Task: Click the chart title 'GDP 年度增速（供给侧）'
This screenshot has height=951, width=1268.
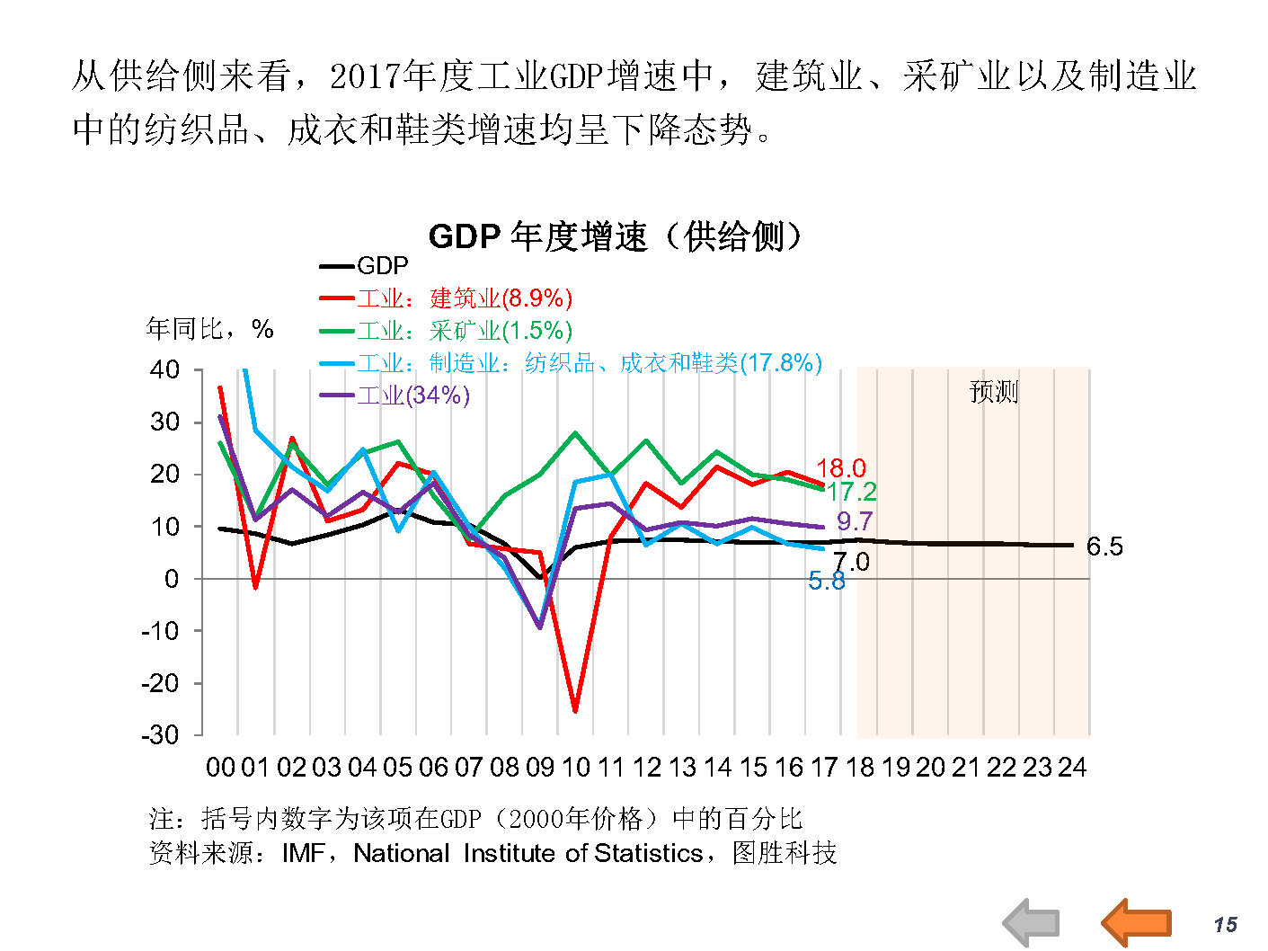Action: point(615,236)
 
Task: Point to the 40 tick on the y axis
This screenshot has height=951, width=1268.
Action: point(165,369)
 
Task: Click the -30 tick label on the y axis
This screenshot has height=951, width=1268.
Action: point(160,735)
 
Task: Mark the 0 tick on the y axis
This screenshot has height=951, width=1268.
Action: point(172,579)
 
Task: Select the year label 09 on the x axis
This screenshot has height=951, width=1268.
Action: point(540,768)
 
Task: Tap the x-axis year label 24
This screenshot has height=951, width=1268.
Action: point(1072,768)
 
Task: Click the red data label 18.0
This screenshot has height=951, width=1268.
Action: point(841,468)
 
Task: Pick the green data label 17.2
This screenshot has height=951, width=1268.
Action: point(852,492)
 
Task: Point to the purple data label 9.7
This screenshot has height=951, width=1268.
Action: point(855,521)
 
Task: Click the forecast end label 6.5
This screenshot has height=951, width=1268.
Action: point(1104,547)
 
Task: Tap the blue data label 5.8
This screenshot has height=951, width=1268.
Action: point(826,582)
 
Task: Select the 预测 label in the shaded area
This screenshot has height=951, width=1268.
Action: point(994,392)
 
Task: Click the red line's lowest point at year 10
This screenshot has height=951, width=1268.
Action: point(575,711)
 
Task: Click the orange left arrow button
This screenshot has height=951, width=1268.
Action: point(1137,922)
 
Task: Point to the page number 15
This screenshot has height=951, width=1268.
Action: point(1225,925)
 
